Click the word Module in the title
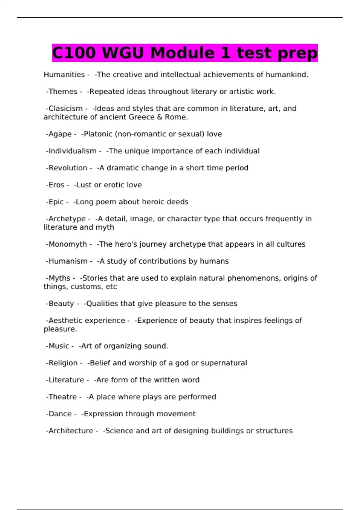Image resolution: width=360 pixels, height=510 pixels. tap(182, 53)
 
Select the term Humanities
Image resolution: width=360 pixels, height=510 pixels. tap(64, 75)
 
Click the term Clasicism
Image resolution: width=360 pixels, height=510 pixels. tap(65, 109)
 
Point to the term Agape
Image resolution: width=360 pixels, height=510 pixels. tap(60, 134)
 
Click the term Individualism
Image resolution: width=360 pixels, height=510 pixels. tap(72, 151)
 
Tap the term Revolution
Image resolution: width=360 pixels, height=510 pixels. tap(67, 168)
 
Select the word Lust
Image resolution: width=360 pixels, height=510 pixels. tap(84, 185)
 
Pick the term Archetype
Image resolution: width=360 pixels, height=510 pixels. tap(67, 219)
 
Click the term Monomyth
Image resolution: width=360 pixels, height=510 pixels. tap(67, 244)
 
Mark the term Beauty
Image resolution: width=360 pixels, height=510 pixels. tap(61, 304)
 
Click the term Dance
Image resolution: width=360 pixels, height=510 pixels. tap(60, 414)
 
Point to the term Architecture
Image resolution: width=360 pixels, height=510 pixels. tap(71, 431)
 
